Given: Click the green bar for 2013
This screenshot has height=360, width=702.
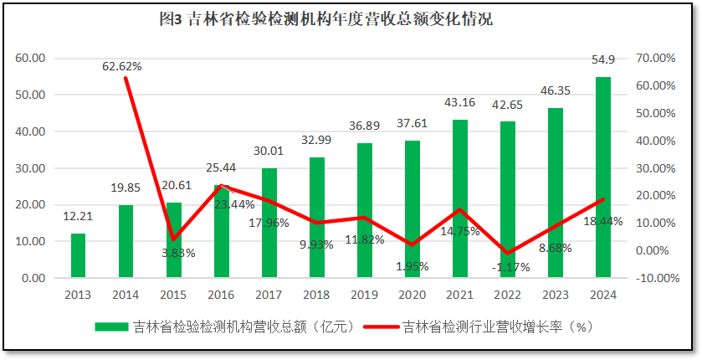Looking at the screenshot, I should (x=78, y=255).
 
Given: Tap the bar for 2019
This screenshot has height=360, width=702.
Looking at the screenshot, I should (x=364, y=210).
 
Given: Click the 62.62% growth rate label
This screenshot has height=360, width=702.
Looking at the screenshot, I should (x=123, y=65).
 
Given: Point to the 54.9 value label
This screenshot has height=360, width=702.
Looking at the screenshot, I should (x=603, y=59).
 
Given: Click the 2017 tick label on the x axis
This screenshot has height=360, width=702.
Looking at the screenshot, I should (x=269, y=295).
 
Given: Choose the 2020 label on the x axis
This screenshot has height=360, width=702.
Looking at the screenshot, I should (x=412, y=295).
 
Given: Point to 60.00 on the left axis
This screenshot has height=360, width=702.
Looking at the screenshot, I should (x=29, y=59).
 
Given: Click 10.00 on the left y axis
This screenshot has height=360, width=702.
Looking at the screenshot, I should (x=29, y=241).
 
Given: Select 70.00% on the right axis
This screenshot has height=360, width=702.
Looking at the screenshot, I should (x=656, y=59).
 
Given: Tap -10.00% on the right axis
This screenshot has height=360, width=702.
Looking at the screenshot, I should (x=655, y=278).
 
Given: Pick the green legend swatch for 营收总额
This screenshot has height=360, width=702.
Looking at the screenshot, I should (x=112, y=327).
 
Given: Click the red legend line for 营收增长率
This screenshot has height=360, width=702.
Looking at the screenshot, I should (x=382, y=327).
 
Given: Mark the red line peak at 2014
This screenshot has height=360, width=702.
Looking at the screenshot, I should (x=126, y=78).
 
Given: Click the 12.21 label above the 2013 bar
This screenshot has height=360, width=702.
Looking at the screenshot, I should (x=78, y=217).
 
